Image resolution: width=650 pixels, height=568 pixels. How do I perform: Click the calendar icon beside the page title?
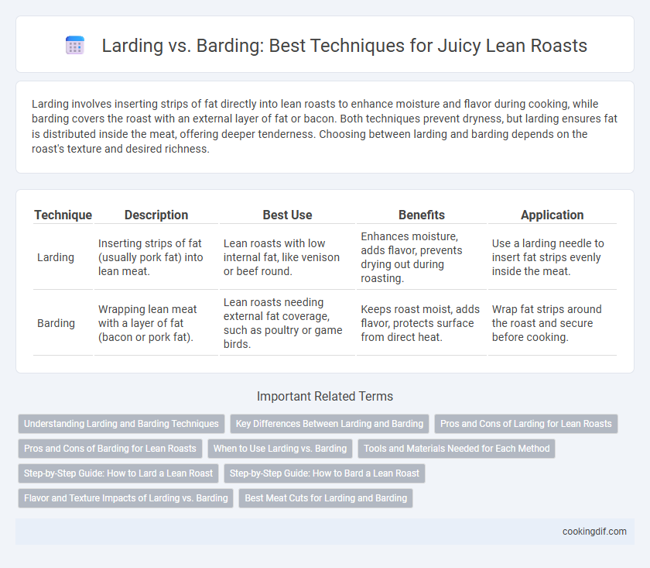pos(75,45)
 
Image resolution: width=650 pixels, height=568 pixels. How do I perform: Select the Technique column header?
pos(63,215)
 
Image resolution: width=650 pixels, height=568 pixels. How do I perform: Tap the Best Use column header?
pos(287,215)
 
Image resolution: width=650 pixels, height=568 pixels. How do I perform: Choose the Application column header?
pos(552,215)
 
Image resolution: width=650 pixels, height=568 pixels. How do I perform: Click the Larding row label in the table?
pos(56,257)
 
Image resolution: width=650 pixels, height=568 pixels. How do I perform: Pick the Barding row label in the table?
pos(56,323)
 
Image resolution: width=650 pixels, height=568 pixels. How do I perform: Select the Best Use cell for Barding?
pos(282,323)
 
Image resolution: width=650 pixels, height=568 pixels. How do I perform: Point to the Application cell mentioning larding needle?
pos(548,257)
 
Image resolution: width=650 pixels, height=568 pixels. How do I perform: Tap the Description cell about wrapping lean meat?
pos(147,323)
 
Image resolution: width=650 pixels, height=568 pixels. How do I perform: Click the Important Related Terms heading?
pos(325,396)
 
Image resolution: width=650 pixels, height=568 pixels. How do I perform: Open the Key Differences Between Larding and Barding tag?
pos(330,424)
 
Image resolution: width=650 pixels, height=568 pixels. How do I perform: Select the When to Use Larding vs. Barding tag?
pos(280,449)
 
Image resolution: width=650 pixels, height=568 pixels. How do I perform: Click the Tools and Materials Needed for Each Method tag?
pos(457,449)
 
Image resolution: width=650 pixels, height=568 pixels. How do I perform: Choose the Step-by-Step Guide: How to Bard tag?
pos(324,473)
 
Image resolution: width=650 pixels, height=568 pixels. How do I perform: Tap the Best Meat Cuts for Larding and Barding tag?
pos(326,497)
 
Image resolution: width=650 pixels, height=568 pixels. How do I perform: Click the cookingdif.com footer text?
pos(594,532)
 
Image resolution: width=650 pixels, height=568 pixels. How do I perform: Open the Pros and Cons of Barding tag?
pos(110,449)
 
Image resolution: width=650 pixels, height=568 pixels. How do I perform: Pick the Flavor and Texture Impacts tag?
pos(126,497)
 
